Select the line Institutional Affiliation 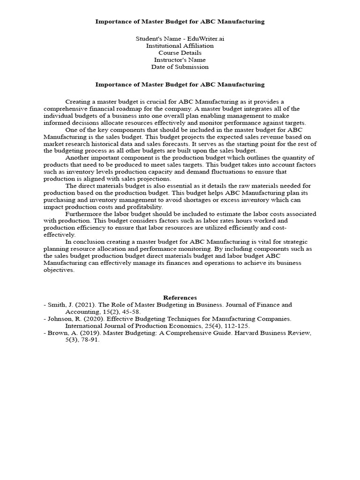click(180, 46)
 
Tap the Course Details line click(180, 53)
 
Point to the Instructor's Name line click(180, 60)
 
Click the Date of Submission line click(180, 67)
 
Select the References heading click(180, 298)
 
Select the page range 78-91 click(90, 340)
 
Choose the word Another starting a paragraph click(77, 157)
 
